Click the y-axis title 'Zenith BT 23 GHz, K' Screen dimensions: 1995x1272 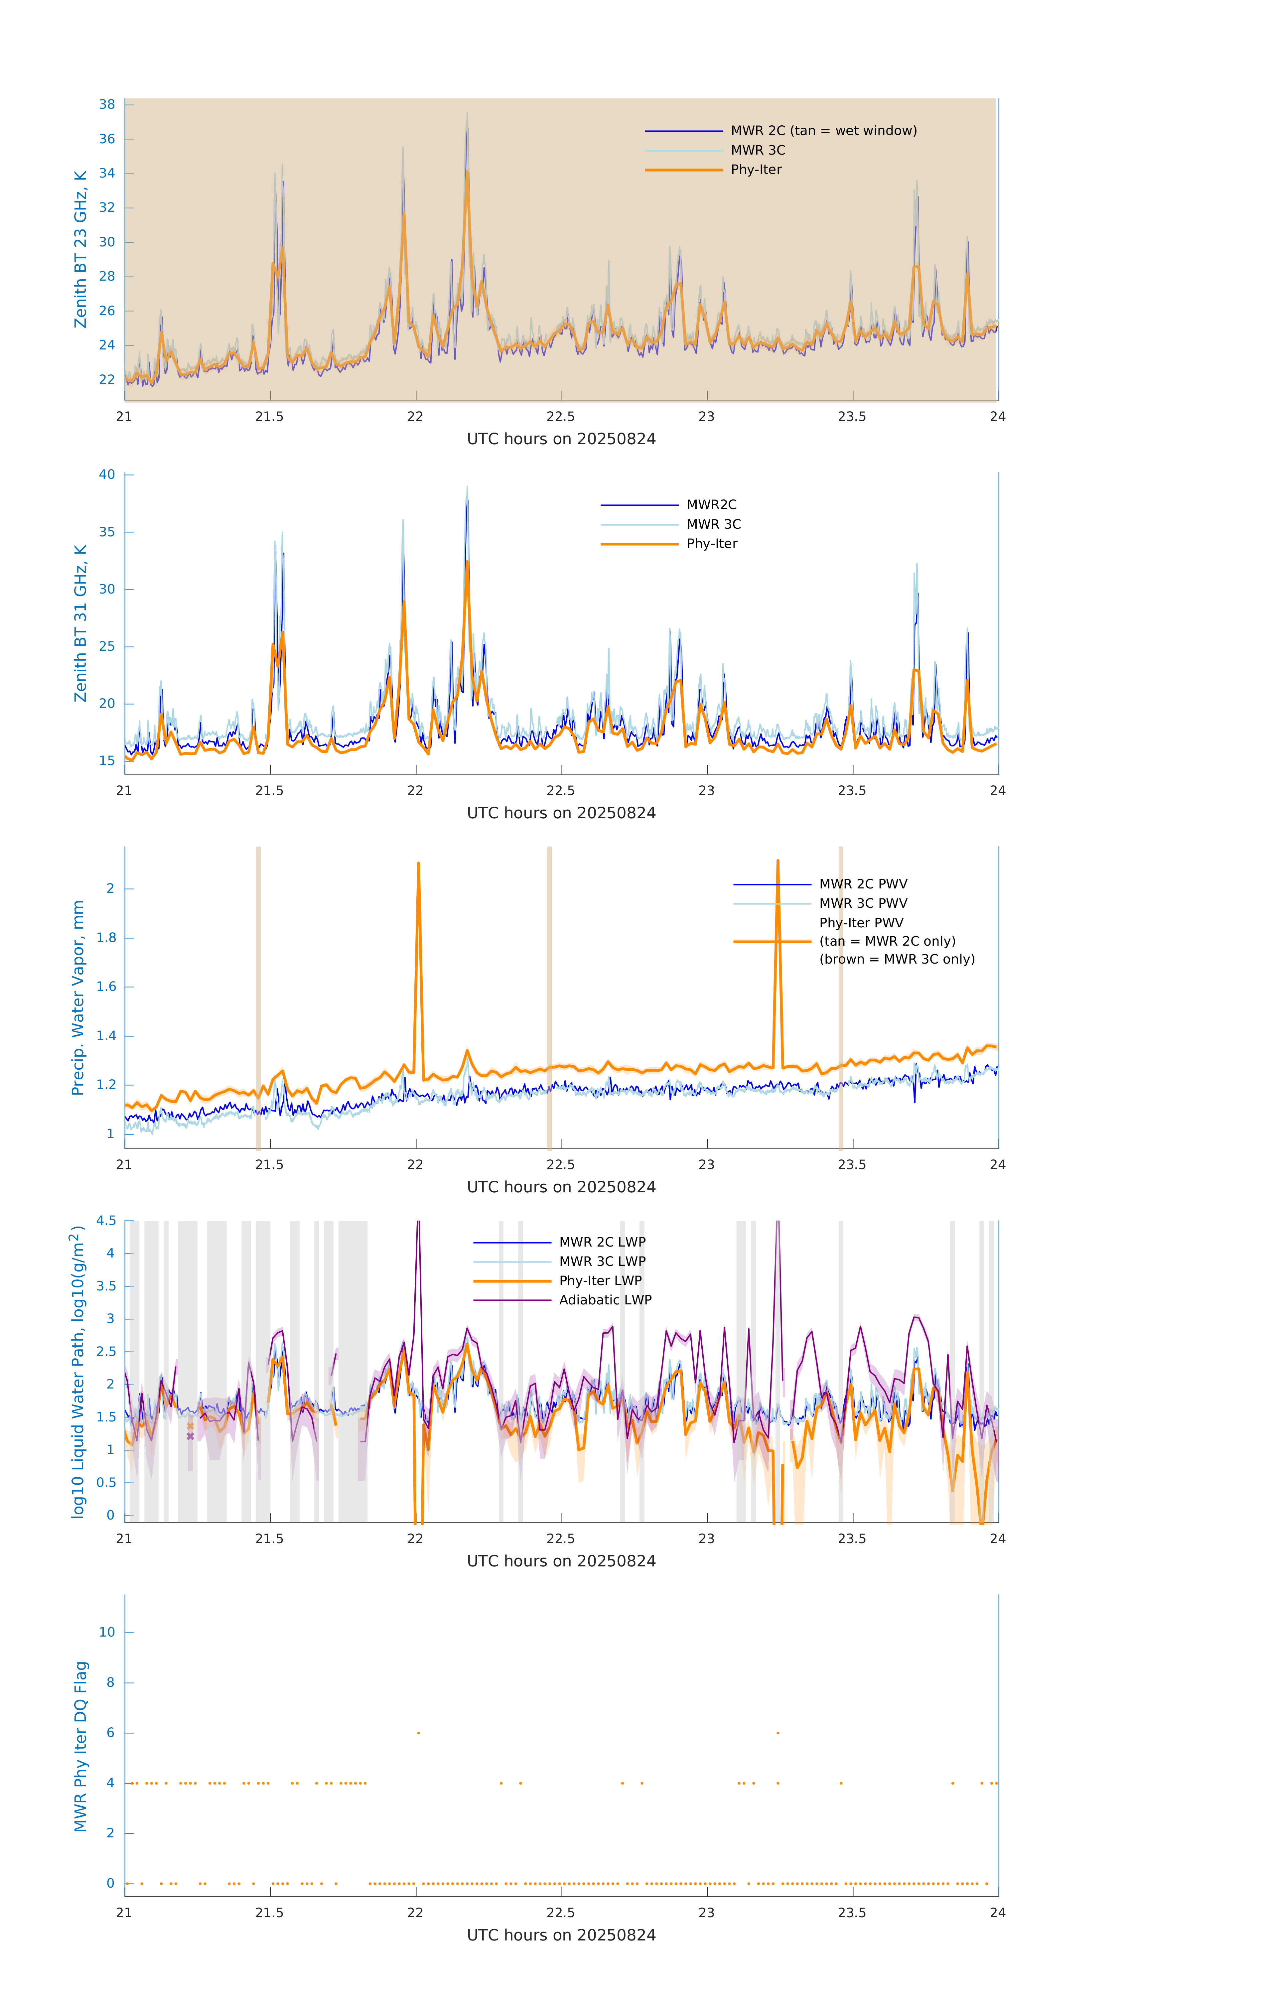(x=80, y=249)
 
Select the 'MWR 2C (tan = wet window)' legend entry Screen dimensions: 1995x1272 (x=823, y=131)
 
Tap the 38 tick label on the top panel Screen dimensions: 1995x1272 (x=107, y=104)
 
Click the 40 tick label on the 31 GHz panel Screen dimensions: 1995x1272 (x=107, y=475)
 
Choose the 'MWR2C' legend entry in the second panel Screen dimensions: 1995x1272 (x=711, y=504)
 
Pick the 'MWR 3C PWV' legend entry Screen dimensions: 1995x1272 (x=863, y=903)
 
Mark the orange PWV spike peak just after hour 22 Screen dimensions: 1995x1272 (x=418, y=863)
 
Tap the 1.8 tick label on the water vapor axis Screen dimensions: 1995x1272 (x=107, y=938)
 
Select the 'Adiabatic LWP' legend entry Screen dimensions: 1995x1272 (x=605, y=1300)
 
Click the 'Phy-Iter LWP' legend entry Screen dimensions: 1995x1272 (x=600, y=1281)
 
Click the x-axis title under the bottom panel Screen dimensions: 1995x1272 (x=561, y=1935)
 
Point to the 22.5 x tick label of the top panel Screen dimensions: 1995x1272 (x=561, y=417)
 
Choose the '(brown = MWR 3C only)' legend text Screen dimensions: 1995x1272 (x=897, y=959)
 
